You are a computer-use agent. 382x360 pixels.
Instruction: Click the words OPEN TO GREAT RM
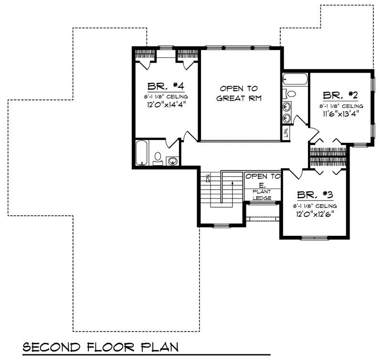click(x=239, y=94)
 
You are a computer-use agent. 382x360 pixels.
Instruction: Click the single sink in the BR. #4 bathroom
click(x=173, y=160)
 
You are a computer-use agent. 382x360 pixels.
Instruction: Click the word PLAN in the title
click(x=160, y=346)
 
